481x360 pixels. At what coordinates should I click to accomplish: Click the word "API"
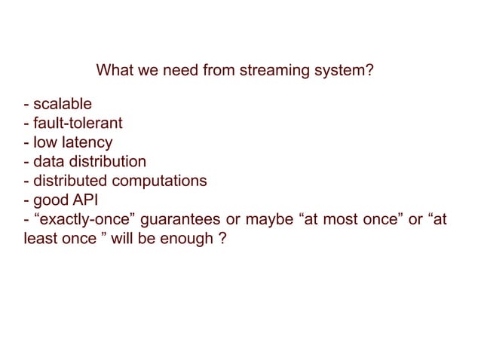click(90, 201)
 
